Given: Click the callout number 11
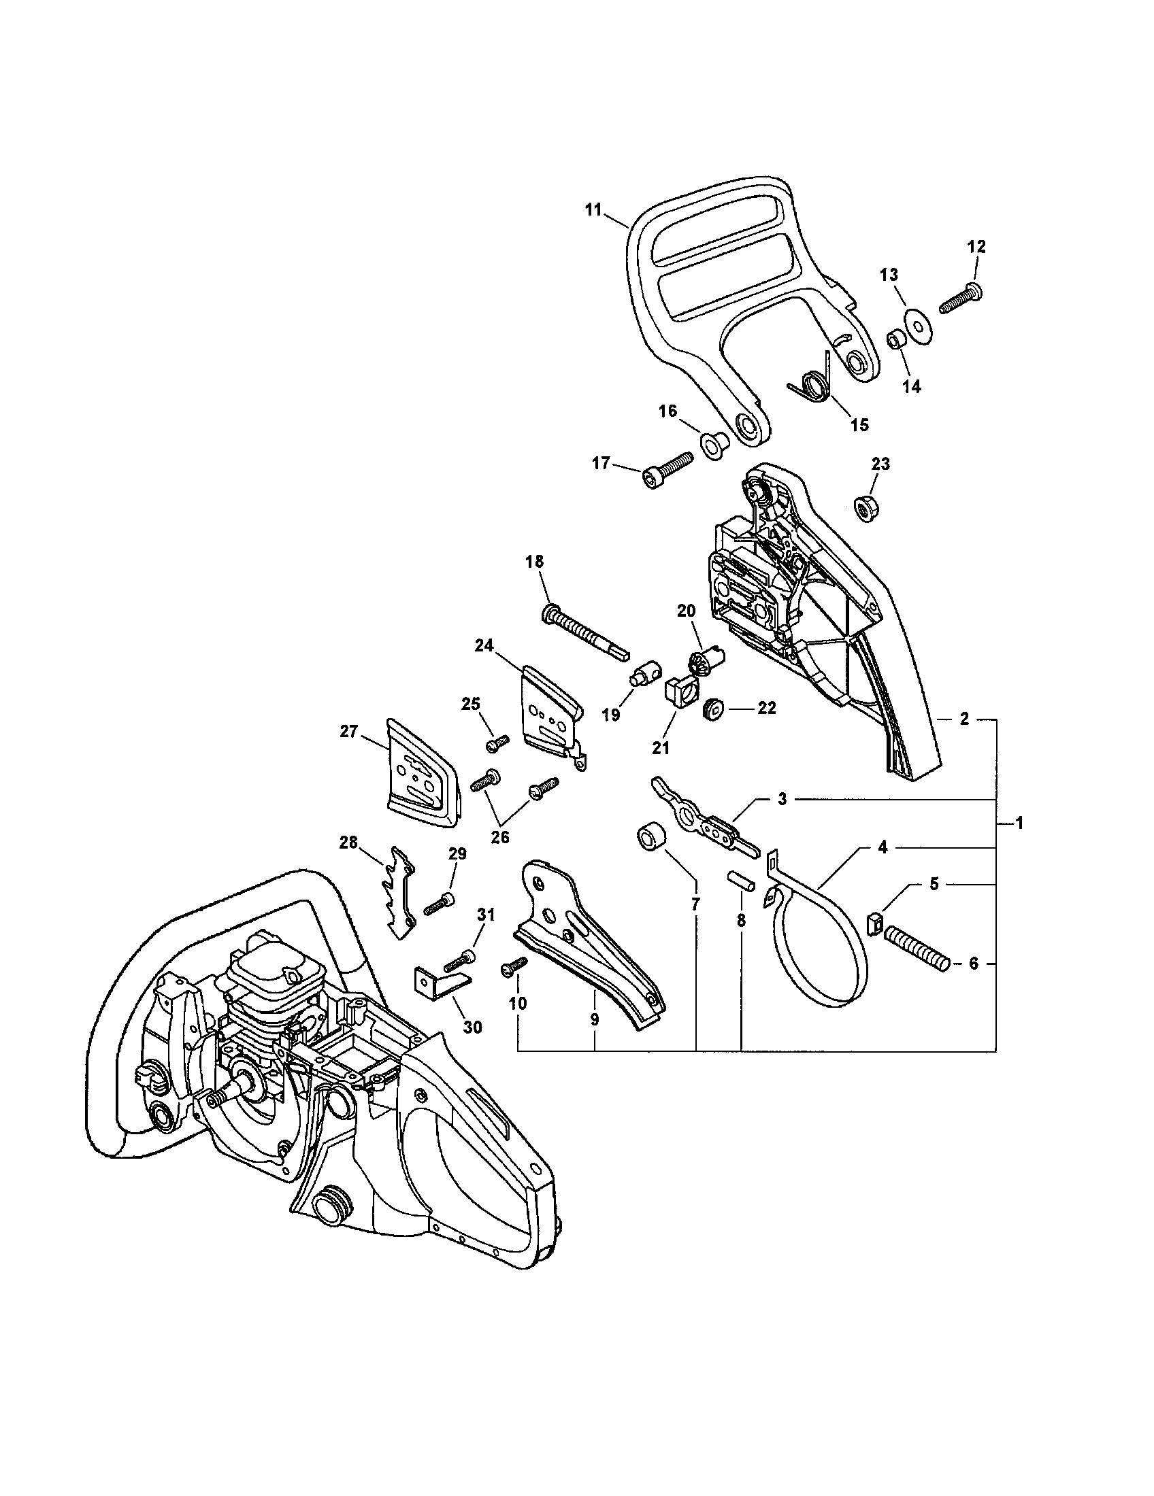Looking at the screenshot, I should [593, 209].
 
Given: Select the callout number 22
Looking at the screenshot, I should [765, 709].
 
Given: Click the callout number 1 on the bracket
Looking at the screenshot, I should [1019, 823].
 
